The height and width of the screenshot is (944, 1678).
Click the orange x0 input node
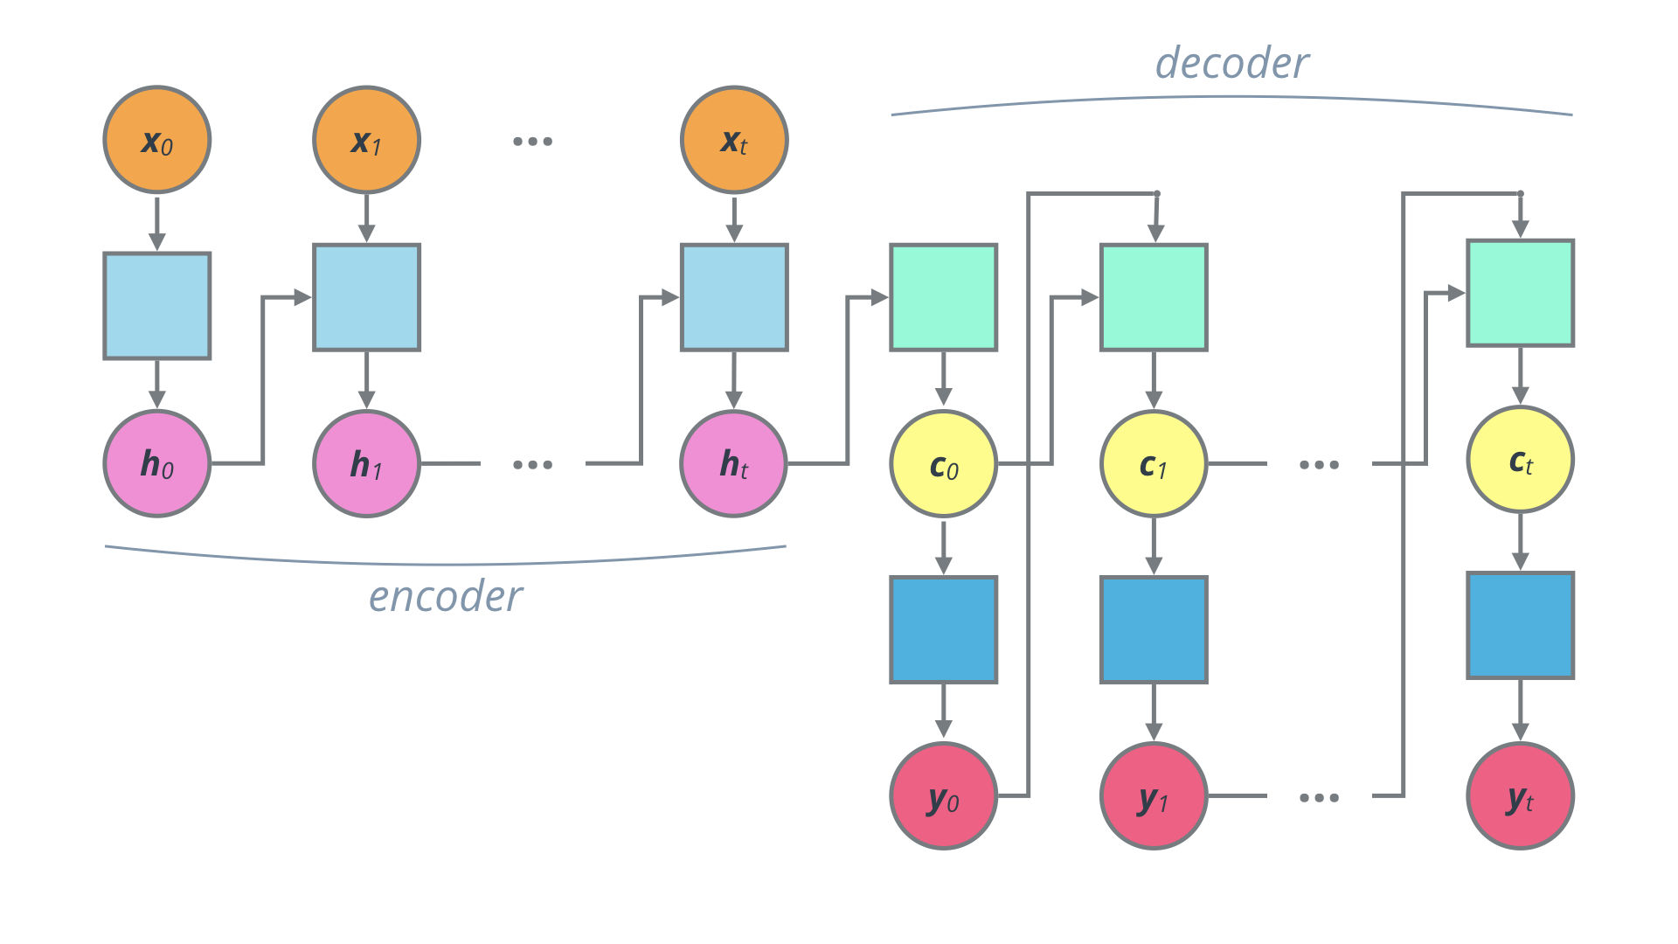157,140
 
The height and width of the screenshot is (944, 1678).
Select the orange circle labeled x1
367,140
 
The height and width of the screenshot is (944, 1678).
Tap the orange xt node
734,140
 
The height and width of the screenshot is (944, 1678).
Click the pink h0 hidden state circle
157,463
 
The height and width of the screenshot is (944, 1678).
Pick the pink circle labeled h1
367,463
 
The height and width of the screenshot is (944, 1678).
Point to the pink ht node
734,463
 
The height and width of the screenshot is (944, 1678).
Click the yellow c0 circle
944,463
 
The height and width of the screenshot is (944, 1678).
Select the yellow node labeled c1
1154,463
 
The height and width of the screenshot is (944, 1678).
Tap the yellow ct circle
1521,460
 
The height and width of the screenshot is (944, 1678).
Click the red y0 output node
944,795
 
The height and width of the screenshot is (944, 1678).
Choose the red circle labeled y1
1154,795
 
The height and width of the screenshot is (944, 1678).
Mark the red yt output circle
1521,795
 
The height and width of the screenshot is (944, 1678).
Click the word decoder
1232,64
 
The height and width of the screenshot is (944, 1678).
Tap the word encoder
446,597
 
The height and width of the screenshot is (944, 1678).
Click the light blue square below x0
157,306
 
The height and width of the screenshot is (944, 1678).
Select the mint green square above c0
944,297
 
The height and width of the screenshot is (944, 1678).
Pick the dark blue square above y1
1154,629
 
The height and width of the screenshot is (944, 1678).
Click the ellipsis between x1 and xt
532,141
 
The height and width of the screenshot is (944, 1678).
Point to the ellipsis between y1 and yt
1319,797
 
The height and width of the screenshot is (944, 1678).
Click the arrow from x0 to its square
157,223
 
